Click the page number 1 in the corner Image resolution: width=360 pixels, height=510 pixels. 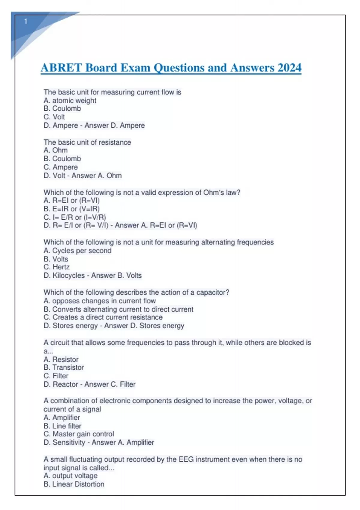[x=26, y=22]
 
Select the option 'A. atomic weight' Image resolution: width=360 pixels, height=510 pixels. [x=70, y=100]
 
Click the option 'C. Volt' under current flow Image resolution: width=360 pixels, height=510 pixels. [x=54, y=117]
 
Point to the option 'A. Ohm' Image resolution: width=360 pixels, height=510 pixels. [x=55, y=150]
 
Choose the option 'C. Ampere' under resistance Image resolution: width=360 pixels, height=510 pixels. [x=61, y=167]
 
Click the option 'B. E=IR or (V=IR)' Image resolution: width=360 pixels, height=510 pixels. [x=72, y=209]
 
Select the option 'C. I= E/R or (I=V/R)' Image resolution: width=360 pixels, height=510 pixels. [x=75, y=217]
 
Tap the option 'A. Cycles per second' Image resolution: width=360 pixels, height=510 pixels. [x=77, y=251]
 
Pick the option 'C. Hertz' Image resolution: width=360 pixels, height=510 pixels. [x=57, y=267]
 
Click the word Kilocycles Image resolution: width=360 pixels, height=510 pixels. [x=69, y=275]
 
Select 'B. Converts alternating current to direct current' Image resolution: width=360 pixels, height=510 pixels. [x=118, y=309]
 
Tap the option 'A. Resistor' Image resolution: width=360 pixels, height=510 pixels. [x=61, y=359]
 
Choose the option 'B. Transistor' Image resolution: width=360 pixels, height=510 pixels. [x=64, y=367]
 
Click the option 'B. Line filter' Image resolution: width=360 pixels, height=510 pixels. [x=62, y=426]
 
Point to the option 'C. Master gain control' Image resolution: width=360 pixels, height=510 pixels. [x=79, y=434]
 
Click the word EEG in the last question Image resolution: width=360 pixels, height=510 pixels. [x=186, y=459]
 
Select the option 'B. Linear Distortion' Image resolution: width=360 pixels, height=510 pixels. [x=74, y=484]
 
